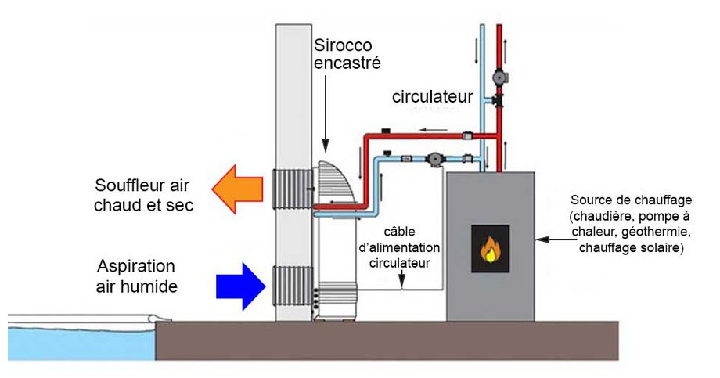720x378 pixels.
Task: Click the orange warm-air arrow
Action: [240, 189]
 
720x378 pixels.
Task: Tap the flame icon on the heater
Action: [490, 250]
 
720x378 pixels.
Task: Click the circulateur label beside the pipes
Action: [433, 97]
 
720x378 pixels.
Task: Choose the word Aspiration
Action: [137, 266]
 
